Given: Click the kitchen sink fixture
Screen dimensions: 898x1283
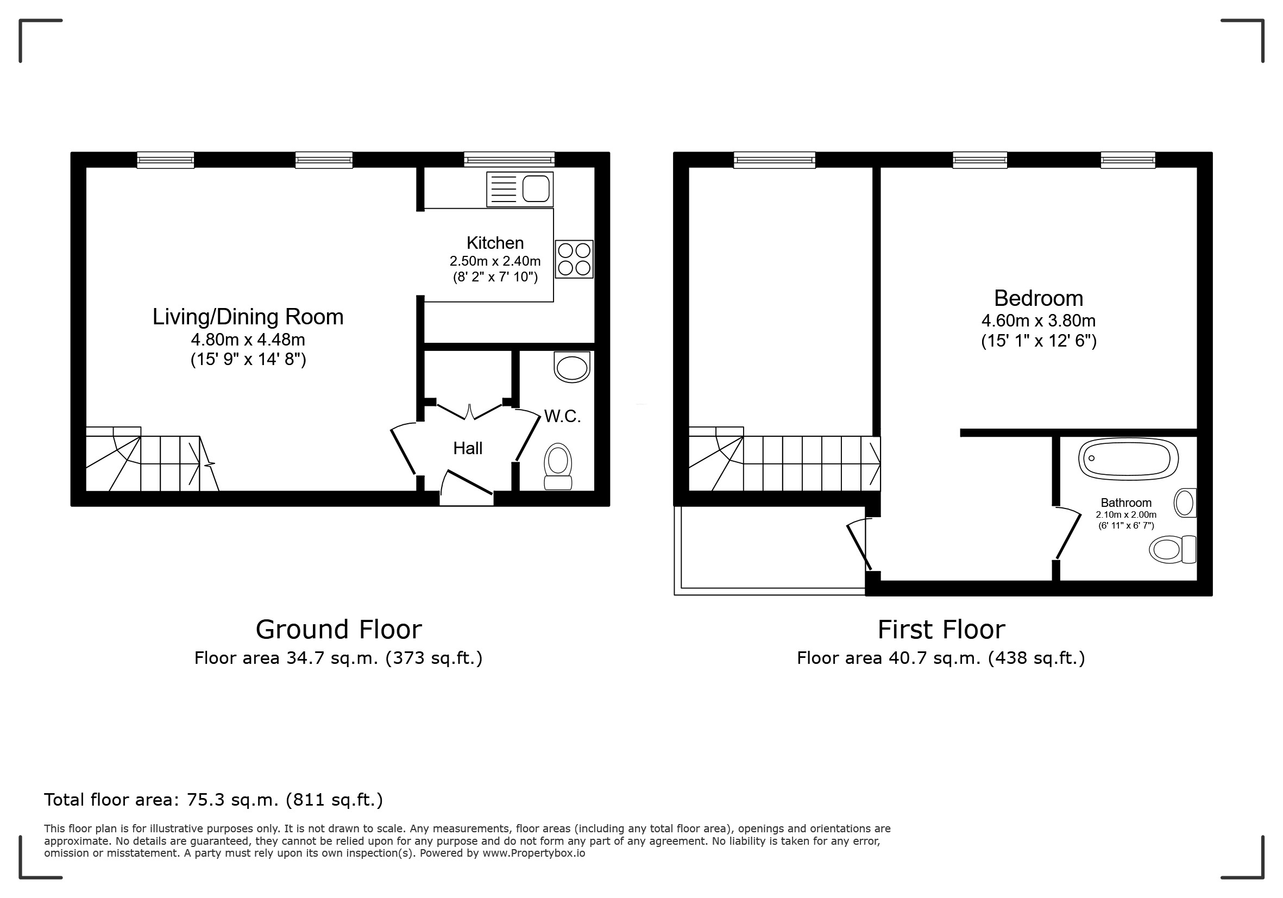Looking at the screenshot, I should click(x=520, y=189).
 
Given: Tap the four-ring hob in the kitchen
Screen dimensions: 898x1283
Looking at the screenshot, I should click(x=574, y=259).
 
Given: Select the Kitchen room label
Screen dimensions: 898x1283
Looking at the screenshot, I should click(x=495, y=243).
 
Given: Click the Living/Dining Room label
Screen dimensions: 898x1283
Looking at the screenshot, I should click(x=248, y=317).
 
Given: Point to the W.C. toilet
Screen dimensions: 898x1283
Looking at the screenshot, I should click(x=558, y=466).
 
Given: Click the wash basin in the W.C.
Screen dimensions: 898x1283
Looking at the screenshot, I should click(x=572, y=367).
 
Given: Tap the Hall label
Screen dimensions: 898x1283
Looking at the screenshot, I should click(x=468, y=448).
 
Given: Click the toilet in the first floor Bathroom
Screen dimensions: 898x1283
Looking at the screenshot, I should click(x=1172, y=549).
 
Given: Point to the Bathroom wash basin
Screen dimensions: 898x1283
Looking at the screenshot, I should click(x=1185, y=503).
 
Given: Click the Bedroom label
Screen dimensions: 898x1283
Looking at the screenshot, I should click(x=1038, y=298).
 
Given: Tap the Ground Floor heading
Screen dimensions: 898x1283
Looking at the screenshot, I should click(x=338, y=630).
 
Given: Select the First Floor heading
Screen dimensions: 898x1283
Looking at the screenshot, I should click(x=941, y=630).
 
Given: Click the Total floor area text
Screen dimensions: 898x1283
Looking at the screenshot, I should click(x=213, y=800).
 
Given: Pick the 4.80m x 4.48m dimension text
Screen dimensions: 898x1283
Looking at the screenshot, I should click(x=248, y=339).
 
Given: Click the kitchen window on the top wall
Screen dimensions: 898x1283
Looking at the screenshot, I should click(x=509, y=160).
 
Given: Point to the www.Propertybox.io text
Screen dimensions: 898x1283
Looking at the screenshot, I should click(x=533, y=853).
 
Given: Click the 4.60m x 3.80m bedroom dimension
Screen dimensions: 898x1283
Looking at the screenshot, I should click(x=1038, y=321).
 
